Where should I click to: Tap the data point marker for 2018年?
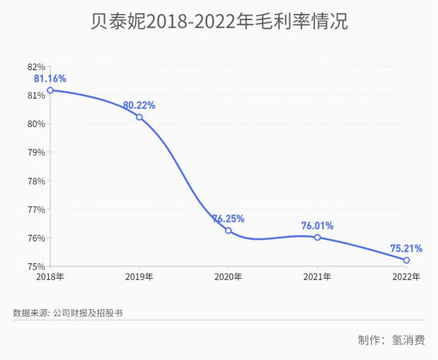coord(50,90)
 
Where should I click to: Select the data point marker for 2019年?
coord(139,117)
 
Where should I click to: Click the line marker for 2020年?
coord(228,230)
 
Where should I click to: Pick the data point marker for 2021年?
coord(317,237)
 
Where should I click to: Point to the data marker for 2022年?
coord(406,260)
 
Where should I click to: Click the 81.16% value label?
coord(50,79)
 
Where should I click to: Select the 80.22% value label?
coord(139,105)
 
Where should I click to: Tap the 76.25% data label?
coord(228,218)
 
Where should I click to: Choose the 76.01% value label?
coord(317,225)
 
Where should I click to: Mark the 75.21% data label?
coord(406,248)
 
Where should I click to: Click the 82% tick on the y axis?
coord(36,67)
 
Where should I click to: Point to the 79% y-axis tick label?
coord(36,152)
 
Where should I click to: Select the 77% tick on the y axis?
coord(36,209)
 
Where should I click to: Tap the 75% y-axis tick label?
coord(36,266)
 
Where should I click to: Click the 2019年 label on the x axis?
coord(139,277)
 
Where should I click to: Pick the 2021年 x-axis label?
coord(317,277)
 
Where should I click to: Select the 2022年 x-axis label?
coord(406,277)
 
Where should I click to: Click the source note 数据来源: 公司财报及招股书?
coord(67,313)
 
